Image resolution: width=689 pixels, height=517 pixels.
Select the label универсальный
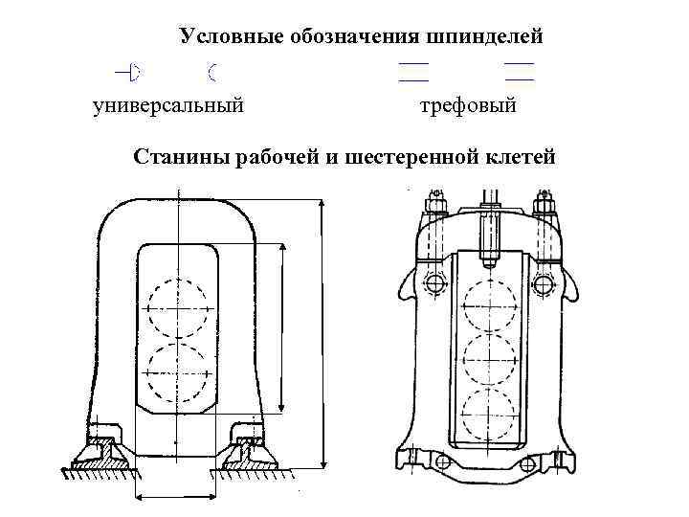click(x=168, y=104)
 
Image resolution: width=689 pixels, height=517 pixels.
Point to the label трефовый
click(x=468, y=104)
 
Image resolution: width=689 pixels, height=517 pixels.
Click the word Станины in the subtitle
click(x=179, y=156)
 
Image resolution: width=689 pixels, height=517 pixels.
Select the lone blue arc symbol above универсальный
click(x=211, y=70)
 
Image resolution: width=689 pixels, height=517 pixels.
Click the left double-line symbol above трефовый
click(x=413, y=70)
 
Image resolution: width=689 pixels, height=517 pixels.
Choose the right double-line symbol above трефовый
click(x=519, y=70)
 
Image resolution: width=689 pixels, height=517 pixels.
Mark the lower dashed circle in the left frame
click(x=177, y=373)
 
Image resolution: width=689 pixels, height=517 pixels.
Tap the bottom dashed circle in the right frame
click(x=489, y=414)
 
